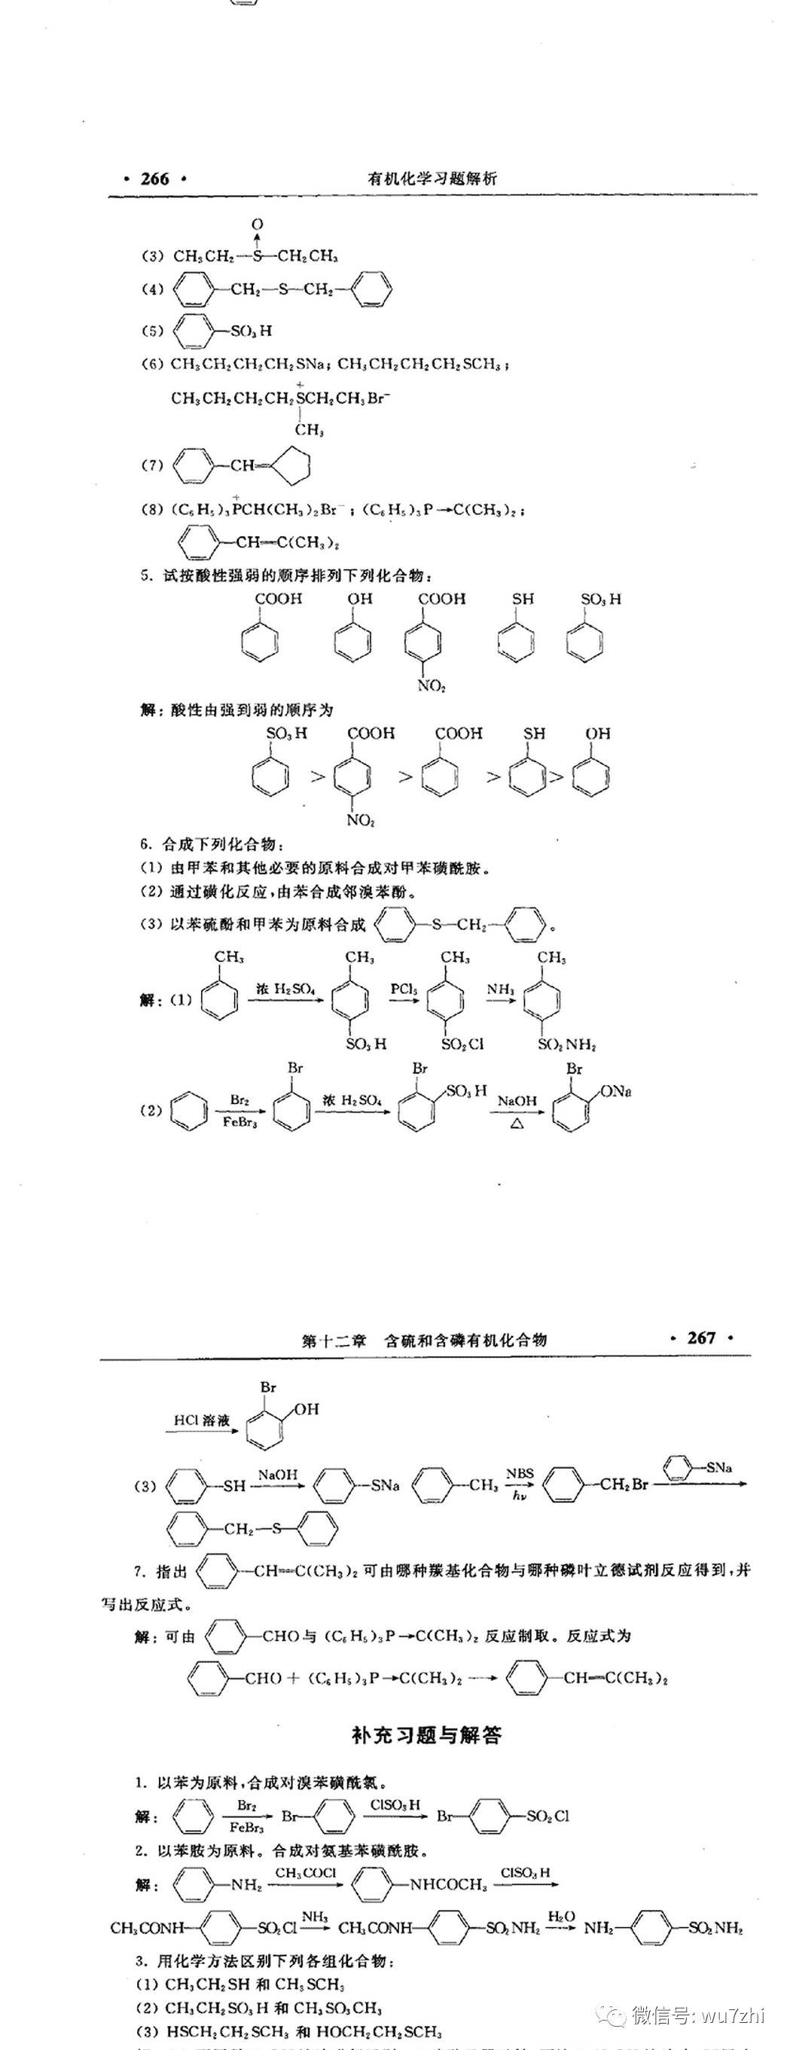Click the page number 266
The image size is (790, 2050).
[154, 178]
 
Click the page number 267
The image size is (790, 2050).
[701, 1338]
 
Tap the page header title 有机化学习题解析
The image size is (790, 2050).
[432, 178]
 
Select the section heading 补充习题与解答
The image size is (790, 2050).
[426, 1735]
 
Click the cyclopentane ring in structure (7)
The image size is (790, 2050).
[288, 465]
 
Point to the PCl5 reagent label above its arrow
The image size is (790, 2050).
[404, 989]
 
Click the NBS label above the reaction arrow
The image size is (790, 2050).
[520, 1473]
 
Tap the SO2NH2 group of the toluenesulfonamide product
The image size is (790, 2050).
[566, 1044]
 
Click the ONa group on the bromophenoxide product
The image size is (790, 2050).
[616, 1092]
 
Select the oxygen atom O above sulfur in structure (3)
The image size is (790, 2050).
[257, 225]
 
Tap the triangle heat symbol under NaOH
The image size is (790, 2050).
[517, 1124]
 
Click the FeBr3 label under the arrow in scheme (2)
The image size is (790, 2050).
[239, 1122]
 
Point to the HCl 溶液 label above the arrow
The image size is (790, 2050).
[202, 1420]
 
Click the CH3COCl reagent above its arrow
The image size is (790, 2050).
[306, 1872]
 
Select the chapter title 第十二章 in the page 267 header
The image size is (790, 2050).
[334, 1340]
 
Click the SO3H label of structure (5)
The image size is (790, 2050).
[251, 331]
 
